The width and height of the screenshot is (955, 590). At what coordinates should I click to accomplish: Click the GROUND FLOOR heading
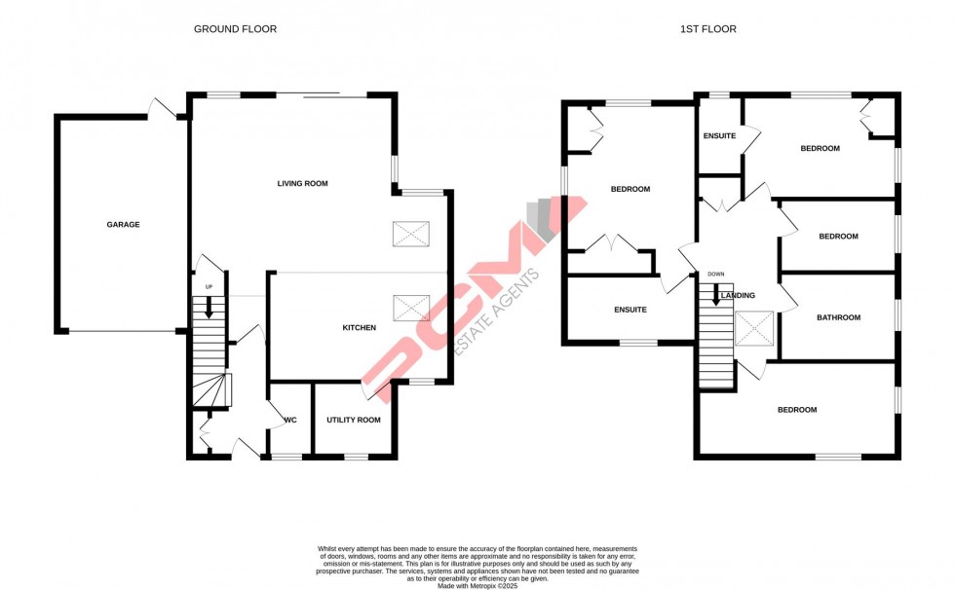click(235, 29)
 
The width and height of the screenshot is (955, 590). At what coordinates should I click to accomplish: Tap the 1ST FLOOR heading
click(707, 29)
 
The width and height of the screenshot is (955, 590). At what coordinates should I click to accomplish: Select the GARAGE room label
click(124, 225)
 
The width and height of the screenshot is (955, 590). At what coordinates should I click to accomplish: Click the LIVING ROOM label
click(302, 183)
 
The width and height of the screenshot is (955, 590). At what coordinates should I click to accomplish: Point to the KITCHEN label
click(359, 328)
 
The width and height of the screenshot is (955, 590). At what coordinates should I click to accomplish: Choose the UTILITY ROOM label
click(354, 420)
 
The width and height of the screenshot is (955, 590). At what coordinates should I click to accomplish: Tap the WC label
click(289, 421)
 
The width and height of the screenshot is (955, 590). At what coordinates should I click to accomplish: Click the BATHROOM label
click(838, 317)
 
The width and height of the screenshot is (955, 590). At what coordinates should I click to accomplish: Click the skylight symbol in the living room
click(410, 234)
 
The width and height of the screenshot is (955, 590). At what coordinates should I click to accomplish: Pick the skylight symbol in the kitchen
click(410, 308)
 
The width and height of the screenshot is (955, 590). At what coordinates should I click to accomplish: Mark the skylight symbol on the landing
click(754, 328)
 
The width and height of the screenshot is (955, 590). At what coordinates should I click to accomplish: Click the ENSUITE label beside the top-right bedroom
click(719, 135)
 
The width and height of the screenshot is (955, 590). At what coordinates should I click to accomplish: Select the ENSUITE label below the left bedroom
click(630, 311)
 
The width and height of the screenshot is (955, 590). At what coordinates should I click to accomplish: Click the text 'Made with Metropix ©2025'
click(477, 585)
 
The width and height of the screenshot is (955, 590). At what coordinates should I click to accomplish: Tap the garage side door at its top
click(161, 109)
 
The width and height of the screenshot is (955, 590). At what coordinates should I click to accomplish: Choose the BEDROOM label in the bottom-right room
click(796, 410)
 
